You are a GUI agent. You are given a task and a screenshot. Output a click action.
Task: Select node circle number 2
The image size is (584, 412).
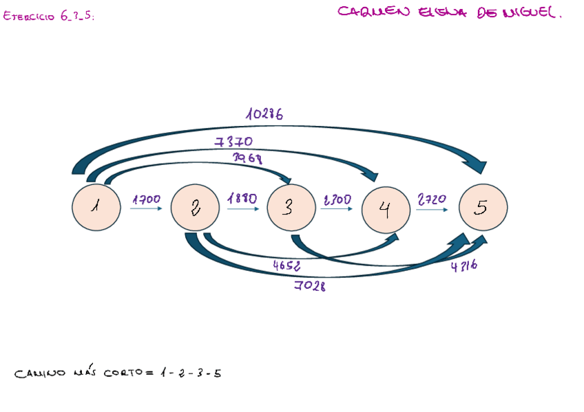point(196,207)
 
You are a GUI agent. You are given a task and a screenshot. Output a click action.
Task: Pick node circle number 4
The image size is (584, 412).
point(386,208)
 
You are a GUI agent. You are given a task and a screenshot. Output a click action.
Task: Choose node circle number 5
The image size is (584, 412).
point(482,207)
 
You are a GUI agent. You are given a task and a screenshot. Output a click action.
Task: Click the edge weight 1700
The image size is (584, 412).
point(146,199)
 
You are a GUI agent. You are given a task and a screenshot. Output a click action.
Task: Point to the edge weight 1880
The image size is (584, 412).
point(242,199)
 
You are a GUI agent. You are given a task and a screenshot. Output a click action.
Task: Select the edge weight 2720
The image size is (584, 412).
point(432,199)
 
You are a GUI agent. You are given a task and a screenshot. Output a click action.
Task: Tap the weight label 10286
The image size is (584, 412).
point(264,115)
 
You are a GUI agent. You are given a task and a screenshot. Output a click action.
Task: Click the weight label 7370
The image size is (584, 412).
point(233,142)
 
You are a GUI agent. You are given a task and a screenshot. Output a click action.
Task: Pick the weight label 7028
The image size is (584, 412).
point(310,286)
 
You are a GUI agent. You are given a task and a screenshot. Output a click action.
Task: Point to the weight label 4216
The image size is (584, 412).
point(464,267)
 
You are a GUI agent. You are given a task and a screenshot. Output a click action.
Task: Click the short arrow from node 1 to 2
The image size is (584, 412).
point(146,208)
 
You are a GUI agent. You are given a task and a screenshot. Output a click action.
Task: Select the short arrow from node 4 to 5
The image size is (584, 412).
point(434,208)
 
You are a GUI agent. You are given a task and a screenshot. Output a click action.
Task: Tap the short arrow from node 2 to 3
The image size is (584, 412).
point(242,208)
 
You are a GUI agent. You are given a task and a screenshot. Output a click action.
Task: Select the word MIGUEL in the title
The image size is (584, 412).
point(531,12)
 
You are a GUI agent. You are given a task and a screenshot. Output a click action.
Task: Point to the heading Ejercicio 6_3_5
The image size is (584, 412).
point(48,17)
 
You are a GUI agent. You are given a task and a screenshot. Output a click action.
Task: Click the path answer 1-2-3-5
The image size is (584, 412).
point(189,373)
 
